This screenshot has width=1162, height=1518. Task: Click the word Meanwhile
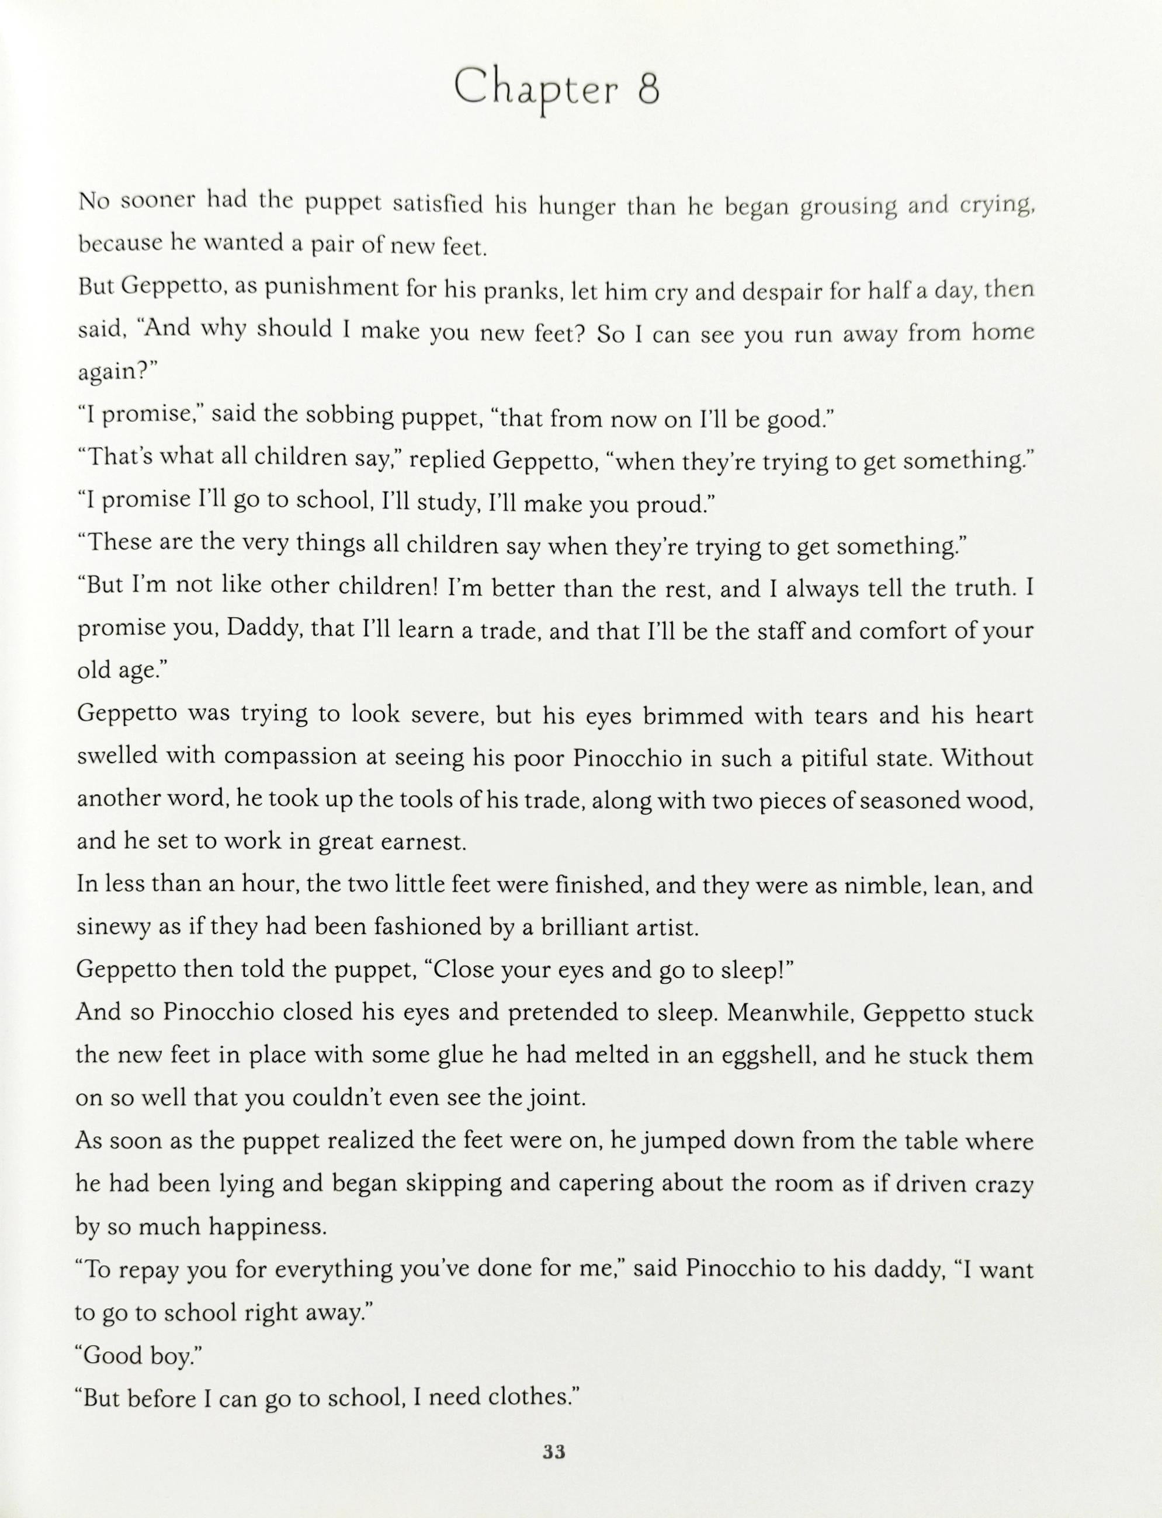(x=790, y=1014)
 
